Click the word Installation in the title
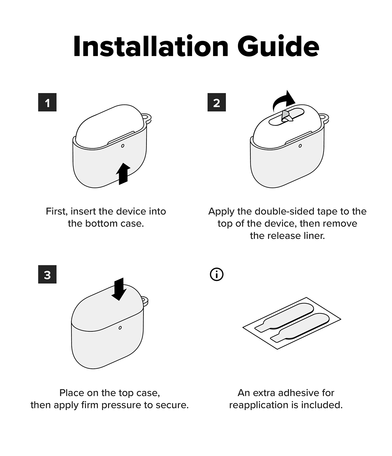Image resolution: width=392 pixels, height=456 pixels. coord(151,46)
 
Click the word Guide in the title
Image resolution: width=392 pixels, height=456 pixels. coord(278,46)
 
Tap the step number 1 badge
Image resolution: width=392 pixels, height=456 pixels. coord(47,102)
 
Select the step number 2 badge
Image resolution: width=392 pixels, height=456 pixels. coord(216,102)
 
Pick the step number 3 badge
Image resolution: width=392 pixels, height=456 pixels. coord(47,274)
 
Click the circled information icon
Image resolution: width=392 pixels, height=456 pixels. coord(216,275)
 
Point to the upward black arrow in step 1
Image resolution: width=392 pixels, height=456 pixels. coord(123,174)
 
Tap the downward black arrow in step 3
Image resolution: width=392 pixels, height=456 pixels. coord(119,289)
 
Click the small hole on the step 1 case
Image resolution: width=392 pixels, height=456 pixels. coord(123,146)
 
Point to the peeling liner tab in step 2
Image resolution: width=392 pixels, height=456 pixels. coord(287,116)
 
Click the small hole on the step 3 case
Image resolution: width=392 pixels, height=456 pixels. coord(120,328)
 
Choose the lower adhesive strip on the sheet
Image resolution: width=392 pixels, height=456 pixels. coord(300,327)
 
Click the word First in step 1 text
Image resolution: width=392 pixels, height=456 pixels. coord(57,212)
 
